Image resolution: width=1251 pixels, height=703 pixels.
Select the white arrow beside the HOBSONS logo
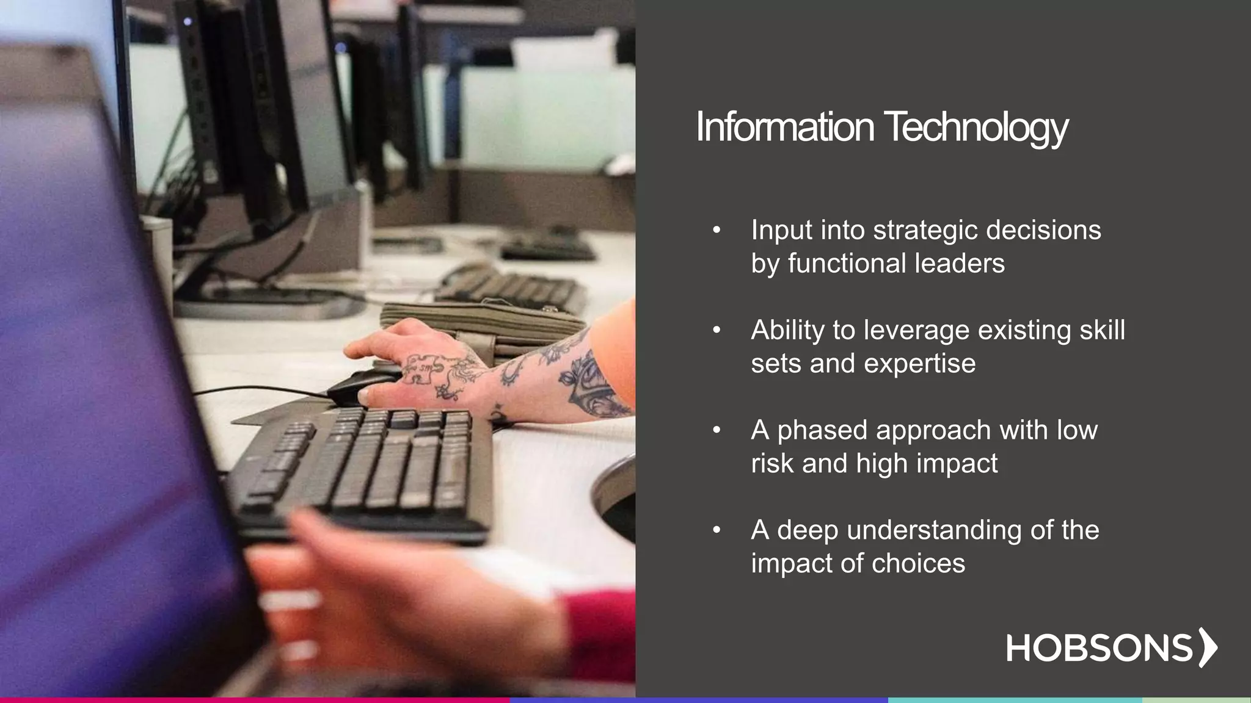1207,647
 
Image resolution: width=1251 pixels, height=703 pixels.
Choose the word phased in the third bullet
823,430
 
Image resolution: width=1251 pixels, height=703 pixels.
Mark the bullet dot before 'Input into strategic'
717,231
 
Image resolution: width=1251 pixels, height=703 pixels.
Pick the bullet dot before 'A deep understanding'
717,530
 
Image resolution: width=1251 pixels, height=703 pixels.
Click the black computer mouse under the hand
357,386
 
